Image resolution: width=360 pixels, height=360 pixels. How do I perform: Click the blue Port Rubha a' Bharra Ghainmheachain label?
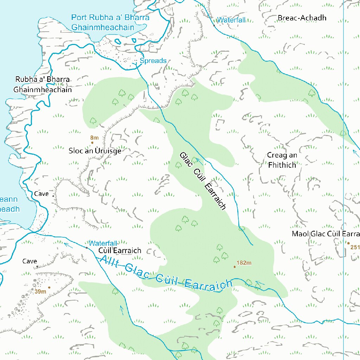tap(110, 22)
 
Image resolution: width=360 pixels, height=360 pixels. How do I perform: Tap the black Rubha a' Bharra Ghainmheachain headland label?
tap(43, 84)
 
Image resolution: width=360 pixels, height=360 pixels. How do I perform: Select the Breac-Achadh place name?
tap(302, 18)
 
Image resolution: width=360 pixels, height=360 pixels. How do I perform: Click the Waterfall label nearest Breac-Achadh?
tap(231, 20)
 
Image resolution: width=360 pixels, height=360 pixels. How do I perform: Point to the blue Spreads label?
tap(153, 61)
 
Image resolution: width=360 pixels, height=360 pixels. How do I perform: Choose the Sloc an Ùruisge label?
tap(95, 151)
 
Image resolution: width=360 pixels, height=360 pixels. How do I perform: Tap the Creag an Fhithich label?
tap(282, 160)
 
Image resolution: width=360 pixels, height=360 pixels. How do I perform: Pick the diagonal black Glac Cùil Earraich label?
tap(202, 181)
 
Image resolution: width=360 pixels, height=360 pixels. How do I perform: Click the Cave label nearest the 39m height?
tap(30, 261)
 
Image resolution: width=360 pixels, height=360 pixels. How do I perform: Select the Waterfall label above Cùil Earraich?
tap(102, 243)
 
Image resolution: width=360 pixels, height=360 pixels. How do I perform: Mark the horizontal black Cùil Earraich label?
tap(120, 251)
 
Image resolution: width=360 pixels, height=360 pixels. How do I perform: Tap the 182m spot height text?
tap(244, 263)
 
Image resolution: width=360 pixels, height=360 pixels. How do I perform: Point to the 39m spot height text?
tap(40, 291)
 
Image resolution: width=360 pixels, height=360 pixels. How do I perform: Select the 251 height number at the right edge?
tap(355, 247)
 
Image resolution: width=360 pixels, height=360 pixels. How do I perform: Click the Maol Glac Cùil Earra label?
tap(326, 234)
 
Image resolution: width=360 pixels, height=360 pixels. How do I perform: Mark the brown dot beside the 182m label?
tap(234, 267)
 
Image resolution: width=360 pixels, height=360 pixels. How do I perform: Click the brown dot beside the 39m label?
tap(49, 288)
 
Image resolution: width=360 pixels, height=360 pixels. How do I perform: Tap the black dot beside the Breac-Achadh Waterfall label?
tap(214, 25)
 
